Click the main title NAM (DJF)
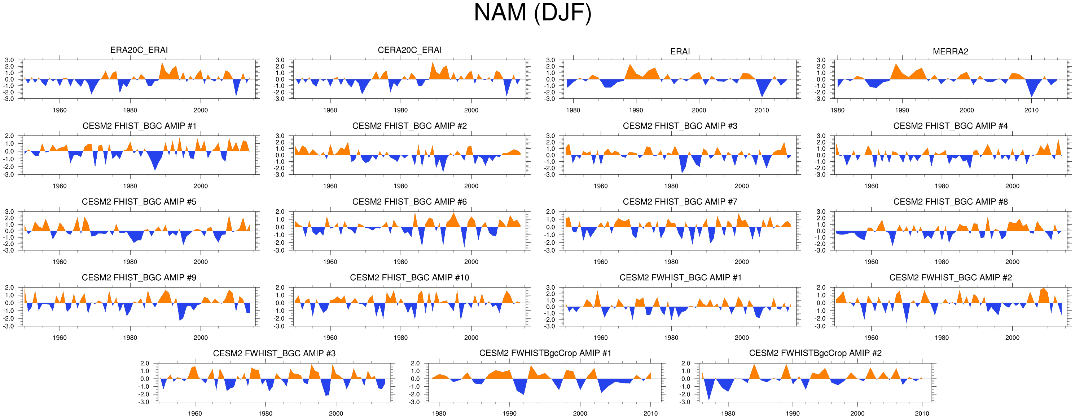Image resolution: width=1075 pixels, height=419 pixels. pyautogui.click(x=532, y=13)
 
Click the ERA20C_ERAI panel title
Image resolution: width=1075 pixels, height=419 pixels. pyautogui.click(x=139, y=50)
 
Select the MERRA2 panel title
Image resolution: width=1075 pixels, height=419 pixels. pyautogui.click(x=950, y=51)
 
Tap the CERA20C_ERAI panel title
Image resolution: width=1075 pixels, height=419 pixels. pyautogui.click(x=409, y=50)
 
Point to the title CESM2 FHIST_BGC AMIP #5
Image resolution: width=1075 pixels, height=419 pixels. pyautogui.click(x=139, y=202)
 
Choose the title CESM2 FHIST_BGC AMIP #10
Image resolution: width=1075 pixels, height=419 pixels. pyautogui.click(x=409, y=278)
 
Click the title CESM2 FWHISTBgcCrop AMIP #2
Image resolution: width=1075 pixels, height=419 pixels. pyautogui.click(x=815, y=353)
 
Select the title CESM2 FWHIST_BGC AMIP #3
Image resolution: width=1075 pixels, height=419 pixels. pyautogui.click(x=274, y=353)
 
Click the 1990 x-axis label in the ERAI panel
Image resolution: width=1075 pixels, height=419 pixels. pyautogui.click(x=636, y=111)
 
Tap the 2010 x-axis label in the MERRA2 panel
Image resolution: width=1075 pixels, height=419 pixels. pyautogui.click(x=1031, y=111)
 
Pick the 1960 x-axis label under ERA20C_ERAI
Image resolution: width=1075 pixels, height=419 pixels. pyautogui.click(x=60, y=111)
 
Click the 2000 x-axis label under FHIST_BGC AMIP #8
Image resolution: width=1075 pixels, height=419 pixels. pyautogui.click(x=1012, y=262)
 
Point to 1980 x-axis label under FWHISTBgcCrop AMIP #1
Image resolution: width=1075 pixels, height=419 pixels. pyautogui.click(x=439, y=414)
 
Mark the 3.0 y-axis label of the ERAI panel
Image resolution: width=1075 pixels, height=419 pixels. pyautogui.click(x=551, y=60)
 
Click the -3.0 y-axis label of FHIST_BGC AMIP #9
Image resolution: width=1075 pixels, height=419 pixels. pyautogui.click(x=9, y=326)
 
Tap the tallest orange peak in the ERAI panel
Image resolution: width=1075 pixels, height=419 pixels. pyautogui.click(x=630, y=64)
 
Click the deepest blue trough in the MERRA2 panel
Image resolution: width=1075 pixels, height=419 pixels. pyautogui.click(x=1032, y=97)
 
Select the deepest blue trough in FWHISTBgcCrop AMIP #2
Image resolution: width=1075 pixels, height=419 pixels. pyautogui.click(x=708, y=400)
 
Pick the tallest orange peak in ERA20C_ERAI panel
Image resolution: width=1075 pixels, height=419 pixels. pyautogui.click(x=162, y=63)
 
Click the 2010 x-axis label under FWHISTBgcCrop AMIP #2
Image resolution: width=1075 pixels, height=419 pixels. pyautogui.click(x=922, y=414)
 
